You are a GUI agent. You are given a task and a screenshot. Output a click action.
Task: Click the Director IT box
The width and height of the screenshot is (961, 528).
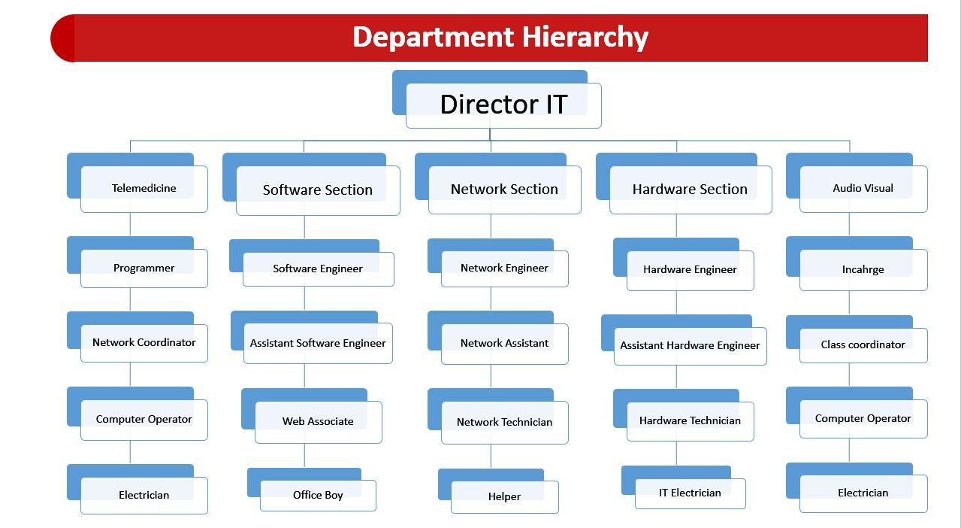pyautogui.click(x=497, y=99)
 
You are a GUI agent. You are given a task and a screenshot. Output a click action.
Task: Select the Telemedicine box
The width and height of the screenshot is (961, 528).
pyautogui.click(x=138, y=183)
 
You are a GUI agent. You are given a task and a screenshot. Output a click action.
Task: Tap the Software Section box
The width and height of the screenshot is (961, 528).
pyautogui.click(x=311, y=184)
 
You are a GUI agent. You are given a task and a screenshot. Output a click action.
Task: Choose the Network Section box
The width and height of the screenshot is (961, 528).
pyautogui.click(x=497, y=184)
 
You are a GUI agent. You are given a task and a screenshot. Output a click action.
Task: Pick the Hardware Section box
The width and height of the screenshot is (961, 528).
pyautogui.click(x=684, y=184)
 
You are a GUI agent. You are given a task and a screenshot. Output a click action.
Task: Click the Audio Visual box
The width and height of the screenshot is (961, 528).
pyautogui.click(x=857, y=183)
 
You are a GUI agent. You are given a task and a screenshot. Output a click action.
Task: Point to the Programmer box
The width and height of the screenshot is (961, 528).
pyautogui.click(x=138, y=262)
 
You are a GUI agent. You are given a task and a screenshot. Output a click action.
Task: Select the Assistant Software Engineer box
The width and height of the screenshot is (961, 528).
pyautogui.click(x=312, y=337)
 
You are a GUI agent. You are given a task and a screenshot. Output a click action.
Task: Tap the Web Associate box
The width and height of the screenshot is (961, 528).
pyautogui.click(x=312, y=416)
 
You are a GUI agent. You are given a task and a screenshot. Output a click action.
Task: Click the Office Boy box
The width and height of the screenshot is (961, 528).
pyautogui.click(x=312, y=490)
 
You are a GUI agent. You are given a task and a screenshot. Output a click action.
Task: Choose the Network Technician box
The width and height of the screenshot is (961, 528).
pyautogui.click(x=497, y=416)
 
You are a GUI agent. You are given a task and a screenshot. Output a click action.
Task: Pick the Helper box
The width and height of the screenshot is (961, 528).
pyautogui.click(x=498, y=491)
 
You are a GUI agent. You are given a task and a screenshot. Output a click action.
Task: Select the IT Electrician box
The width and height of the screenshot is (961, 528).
pyautogui.click(x=684, y=487)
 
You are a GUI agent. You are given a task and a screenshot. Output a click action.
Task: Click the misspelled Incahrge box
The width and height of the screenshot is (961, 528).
pyautogui.click(x=857, y=263)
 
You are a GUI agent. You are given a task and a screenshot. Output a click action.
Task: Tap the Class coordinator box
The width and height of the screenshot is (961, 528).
pyautogui.click(x=857, y=339)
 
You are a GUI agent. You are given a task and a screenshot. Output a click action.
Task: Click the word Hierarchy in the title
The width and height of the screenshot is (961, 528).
pyautogui.click(x=585, y=38)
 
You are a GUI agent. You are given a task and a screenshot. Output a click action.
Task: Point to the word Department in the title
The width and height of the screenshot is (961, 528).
pyautogui.click(x=433, y=38)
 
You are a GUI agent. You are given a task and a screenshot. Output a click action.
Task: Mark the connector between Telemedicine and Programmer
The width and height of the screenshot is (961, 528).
pyautogui.click(x=131, y=224)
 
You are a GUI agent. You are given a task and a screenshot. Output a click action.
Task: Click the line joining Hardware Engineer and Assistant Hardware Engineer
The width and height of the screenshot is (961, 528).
pyautogui.click(x=676, y=303)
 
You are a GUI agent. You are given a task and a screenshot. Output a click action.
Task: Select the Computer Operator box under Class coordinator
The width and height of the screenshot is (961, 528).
pyautogui.click(x=857, y=412)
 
